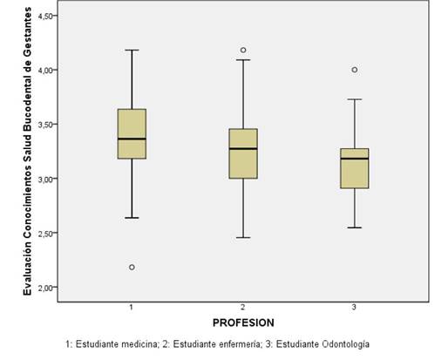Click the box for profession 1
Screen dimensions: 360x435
tap(132, 133)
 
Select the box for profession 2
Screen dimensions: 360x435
tap(243, 153)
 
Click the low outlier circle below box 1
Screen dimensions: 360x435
tap(132, 267)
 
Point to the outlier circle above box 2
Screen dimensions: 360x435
tap(243, 50)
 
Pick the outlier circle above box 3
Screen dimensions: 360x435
tap(355, 70)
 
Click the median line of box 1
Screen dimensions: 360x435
tap(132, 139)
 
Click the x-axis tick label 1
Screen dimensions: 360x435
tap(132, 308)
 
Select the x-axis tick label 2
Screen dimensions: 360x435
tap(243, 308)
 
